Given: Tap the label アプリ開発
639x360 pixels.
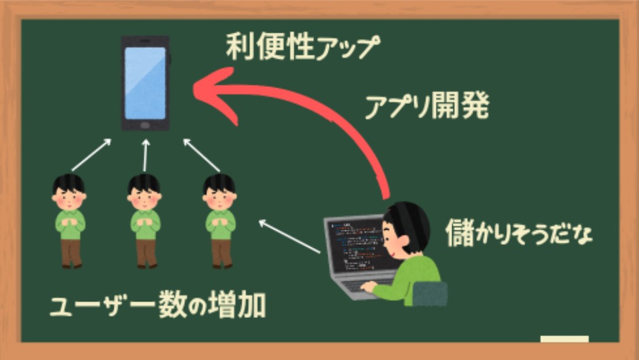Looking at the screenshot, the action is point(426,106).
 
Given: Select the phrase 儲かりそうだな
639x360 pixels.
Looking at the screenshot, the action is point(519,233).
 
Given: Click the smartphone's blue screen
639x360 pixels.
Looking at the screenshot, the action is point(145,83).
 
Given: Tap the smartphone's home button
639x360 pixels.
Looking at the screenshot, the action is point(145,125).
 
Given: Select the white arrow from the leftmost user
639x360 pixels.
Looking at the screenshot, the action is point(91,155).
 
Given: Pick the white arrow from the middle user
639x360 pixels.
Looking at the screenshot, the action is point(145,155).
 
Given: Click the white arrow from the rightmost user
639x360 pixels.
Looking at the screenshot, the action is point(202,155).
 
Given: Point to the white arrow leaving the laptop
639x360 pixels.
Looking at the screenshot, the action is point(289,237).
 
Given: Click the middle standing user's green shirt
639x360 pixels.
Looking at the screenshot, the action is point(145,224).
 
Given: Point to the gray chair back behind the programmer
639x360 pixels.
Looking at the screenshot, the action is point(430,293).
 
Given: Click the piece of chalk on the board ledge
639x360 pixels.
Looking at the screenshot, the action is point(564,339).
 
